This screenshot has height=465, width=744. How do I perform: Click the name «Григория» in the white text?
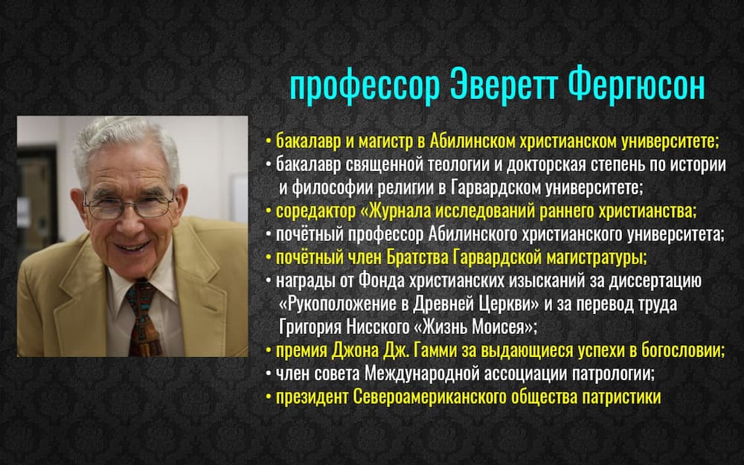[x=310, y=327]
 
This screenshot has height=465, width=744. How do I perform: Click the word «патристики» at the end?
[x=621, y=397]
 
